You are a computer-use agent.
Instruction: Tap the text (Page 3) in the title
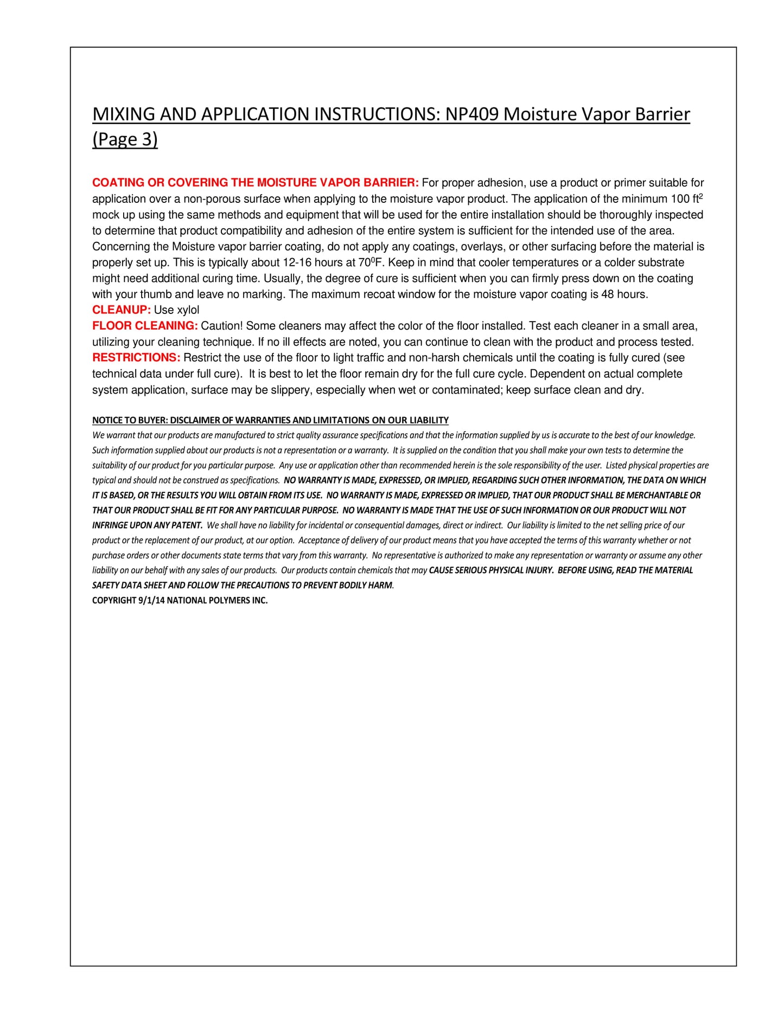[x=125, y=139]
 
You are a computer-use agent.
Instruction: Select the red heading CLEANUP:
[x=121, y=310]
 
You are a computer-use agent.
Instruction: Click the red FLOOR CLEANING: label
[x=145, y=326]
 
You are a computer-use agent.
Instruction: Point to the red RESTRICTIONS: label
[x=136, y=358]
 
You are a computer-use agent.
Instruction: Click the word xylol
[x=187, y=310]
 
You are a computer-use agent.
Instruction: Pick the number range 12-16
[x=297, y=262]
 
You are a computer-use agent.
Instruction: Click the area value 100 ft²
[x=687, y=198]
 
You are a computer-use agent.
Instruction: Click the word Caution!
[x=221, y=326]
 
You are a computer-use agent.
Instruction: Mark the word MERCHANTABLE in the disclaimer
[x=656, y=495]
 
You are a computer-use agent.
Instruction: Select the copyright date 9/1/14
[x=151, y=600]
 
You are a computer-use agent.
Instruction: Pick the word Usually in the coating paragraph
[x=283, y=279]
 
